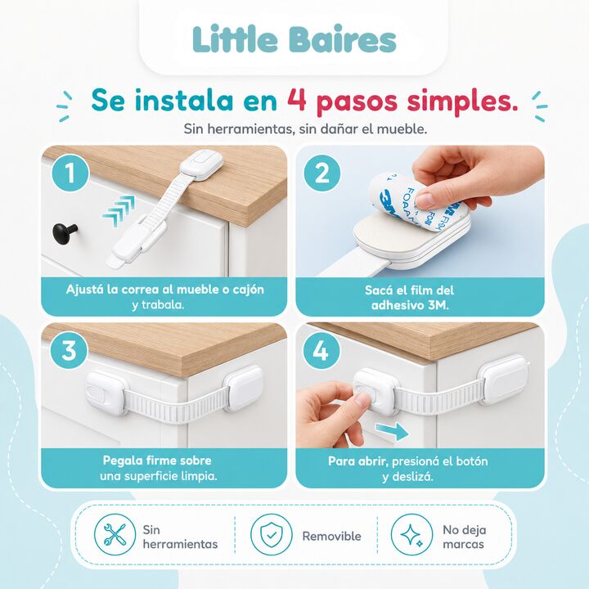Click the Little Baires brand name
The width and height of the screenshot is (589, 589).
tap(294, 39)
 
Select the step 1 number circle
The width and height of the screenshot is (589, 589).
tap(70, 173)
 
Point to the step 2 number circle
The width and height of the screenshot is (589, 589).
tap(322, 173)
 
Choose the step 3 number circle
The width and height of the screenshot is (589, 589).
tap(70, 350)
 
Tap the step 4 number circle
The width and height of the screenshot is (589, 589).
tap(321, 351)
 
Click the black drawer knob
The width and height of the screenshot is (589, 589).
tap(65, 232)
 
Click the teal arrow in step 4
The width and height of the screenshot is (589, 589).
tap(392, 431)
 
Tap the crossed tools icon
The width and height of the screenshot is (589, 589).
tap(115, 534)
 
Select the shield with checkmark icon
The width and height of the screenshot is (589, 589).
tap(272, 534)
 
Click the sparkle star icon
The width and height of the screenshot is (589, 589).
tap(411, 534)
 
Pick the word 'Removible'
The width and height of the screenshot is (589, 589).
tap(331, 536)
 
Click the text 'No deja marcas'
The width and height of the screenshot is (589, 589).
tap(465, 537)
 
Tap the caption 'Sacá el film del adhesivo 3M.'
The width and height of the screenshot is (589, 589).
tap(410, 297)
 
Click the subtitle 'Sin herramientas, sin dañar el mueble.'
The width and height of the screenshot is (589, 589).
tap(305, 129)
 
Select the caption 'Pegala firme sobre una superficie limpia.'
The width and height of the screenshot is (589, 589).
tap(158, 468)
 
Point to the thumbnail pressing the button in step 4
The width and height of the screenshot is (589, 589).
tap(362, 399)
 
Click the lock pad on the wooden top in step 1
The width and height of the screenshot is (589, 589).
tap(201, 164)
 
